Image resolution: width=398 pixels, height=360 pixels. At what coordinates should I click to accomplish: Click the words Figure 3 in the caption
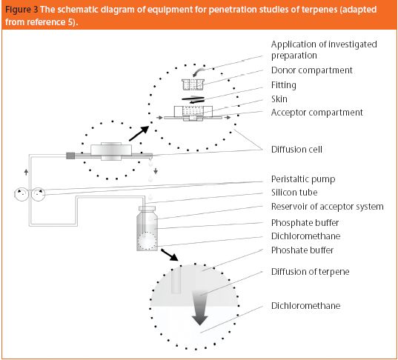[x=21, y=10]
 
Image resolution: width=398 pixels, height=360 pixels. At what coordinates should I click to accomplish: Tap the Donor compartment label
[x=312, y=70]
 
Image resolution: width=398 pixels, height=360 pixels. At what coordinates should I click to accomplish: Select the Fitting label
[x=284, y=85]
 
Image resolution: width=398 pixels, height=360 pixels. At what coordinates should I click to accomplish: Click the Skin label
[x=279, y=99]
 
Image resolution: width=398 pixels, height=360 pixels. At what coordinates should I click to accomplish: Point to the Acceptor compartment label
[x=317, y=113]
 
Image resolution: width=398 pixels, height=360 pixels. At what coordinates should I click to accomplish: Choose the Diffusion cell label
[x=296, y=150]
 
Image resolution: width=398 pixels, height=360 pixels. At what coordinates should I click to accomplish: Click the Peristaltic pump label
[x=303, y=179]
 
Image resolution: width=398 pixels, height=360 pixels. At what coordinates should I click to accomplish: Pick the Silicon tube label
[x=294, y=193]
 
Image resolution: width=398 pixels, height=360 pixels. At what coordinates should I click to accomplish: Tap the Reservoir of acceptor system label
[x=327, y=207]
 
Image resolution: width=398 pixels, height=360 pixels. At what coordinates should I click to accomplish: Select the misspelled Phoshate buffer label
[x=302, y=250]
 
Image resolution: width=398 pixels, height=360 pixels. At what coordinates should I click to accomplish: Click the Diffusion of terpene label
[x=311, y=272]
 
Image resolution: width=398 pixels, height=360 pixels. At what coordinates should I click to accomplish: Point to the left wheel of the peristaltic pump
[x=21, y=194]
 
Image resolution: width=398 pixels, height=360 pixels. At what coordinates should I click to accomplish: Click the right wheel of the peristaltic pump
[x=38, y=194]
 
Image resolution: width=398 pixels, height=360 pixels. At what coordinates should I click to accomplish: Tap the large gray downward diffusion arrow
[x=200, y=308]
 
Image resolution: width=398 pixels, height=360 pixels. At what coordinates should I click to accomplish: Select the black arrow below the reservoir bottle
[x=170, y=255]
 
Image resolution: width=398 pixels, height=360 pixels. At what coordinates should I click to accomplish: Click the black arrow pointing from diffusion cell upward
[x=139, y=133]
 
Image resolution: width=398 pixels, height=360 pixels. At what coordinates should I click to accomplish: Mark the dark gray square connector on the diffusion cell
[x=70, y=156]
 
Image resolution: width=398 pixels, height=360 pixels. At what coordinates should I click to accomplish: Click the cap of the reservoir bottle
[x=147, y=209]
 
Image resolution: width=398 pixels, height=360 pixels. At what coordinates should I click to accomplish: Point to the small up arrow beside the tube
[x=26, y=173]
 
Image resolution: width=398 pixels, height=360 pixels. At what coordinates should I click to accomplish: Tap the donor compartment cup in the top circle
[x=193, y=84]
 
